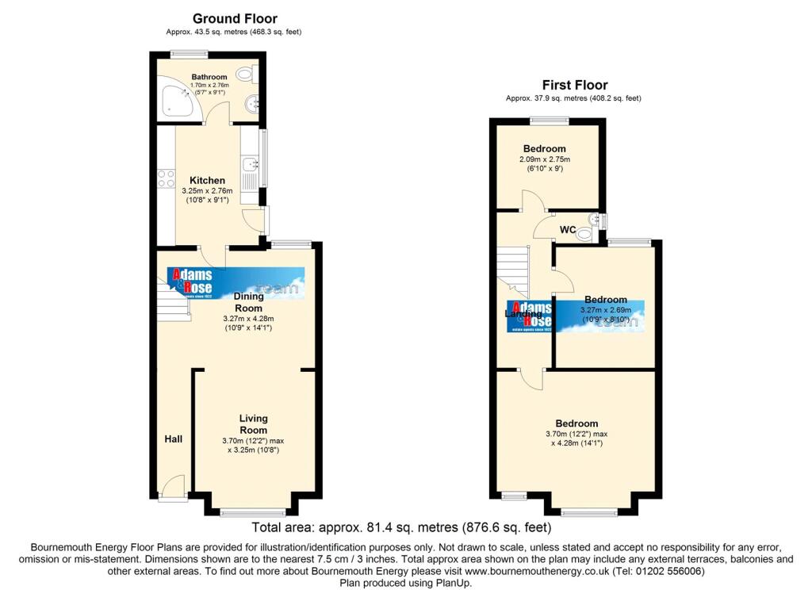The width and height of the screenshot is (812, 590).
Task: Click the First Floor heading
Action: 574,85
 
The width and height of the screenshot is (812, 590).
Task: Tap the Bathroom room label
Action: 209,77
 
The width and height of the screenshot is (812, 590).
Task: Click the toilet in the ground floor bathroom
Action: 247,75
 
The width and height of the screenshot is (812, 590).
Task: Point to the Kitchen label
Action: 207,180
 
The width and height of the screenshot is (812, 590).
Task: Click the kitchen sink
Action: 251,165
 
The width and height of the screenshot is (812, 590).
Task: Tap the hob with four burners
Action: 167,178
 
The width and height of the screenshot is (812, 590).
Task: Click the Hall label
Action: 173,439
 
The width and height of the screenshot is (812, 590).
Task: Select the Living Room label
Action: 254,423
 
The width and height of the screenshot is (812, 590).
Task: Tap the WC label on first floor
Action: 568,230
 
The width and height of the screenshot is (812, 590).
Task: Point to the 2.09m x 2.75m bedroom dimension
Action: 544,159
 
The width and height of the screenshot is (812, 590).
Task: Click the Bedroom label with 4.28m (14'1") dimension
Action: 576,423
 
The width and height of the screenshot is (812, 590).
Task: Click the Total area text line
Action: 400,527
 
